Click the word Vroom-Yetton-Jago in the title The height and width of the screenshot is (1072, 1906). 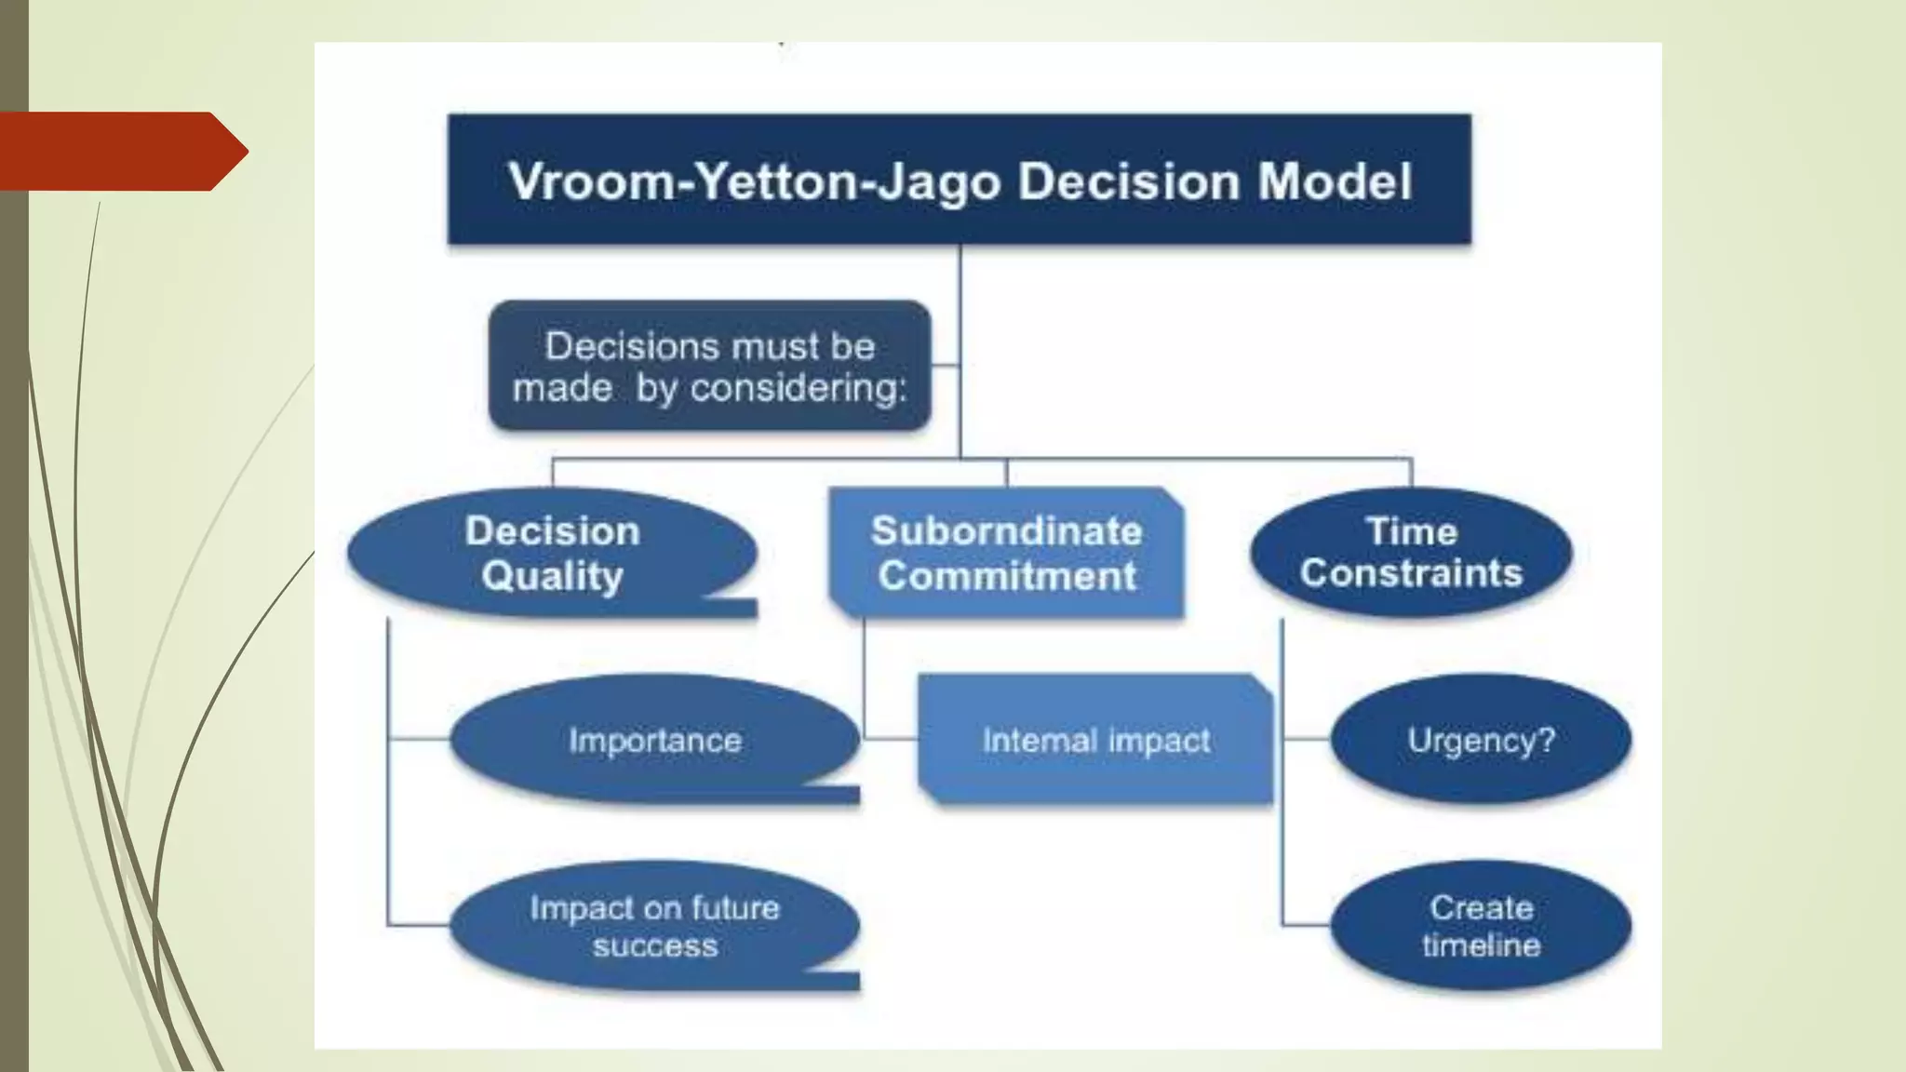click(x=753, y=181)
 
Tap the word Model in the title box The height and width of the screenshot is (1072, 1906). click(x=1335, y=181)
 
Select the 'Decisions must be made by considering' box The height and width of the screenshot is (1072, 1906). click(x=709, y=366)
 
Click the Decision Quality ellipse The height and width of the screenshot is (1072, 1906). click(x=552, y=553)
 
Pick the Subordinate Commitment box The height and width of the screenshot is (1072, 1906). click(x=1006, y=553)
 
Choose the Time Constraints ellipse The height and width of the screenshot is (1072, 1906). click(x=1411, y=552)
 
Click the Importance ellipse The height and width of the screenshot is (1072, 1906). click(x=654, y=740)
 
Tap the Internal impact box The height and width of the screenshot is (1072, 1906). click(x=1095, y=740)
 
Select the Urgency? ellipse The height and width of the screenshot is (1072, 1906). click(x=1480, y=740)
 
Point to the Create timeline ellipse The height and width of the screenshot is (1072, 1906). click(x=1480, y=926)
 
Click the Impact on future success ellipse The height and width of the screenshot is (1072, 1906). click(x=654, y=926)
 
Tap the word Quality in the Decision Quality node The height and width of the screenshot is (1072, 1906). click(x=552, y=576)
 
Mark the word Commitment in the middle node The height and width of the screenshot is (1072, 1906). click(x=1007, y=576)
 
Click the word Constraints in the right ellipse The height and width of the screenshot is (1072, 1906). click(x=1411, y=573)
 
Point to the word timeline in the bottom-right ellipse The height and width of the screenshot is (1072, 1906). click(x=1481, y=946)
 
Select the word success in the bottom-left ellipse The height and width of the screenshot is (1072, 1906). click(x=655, y=946)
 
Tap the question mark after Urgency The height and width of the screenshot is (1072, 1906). click(x=1546, y=741)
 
